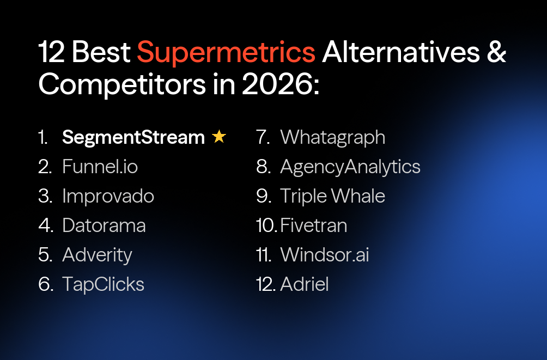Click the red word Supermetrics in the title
point(226,53)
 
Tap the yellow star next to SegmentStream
point(219,137)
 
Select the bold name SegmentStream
point(133,137)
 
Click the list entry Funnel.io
point(100,167)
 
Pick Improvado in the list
point(108,196)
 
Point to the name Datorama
point(104,225)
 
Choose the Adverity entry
point(97,255)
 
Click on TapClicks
point(103,284)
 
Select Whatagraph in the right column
point(332,137)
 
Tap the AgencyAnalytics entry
point(350,167)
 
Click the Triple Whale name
point(332,196)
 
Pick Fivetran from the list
point(313,225)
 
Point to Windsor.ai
point(324,255)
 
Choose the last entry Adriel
point(304,284)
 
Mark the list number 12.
point(265,284)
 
